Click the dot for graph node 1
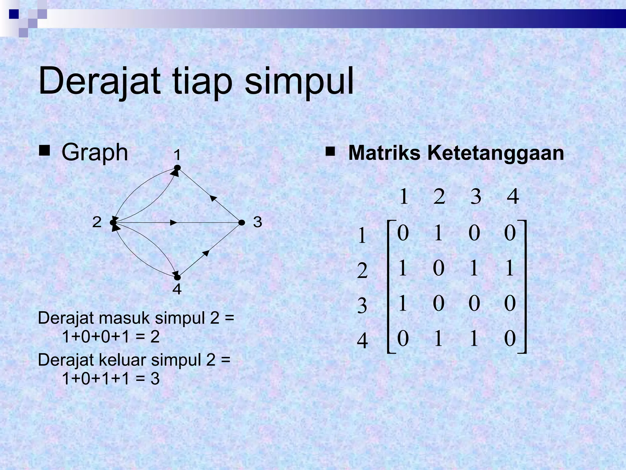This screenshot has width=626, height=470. tap(177, 168)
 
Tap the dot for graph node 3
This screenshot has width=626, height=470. tap(241, 222)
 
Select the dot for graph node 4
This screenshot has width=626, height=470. tap(177, 278)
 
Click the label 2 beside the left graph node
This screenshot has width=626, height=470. tap(97, 222)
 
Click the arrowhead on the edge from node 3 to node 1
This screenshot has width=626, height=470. tap(213, 198)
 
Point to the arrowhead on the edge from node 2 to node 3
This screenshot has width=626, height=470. tap(174, 223)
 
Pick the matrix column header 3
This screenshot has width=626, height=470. tap(476, 196)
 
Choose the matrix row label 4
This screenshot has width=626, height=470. tap(362, 341)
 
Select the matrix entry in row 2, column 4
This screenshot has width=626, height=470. tap(510, 268)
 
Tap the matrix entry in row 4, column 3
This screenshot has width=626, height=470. tap(474, 339)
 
